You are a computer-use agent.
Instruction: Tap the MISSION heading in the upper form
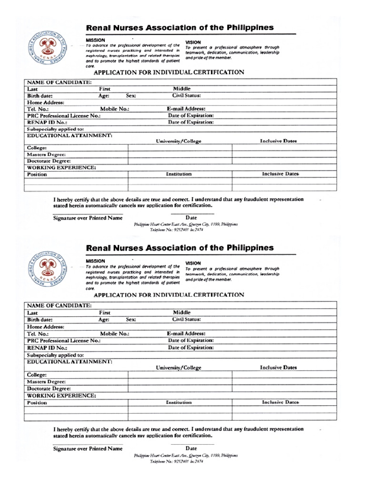[95, 40]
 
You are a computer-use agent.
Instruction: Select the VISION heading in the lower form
[193, 263]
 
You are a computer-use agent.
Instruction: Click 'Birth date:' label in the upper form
[40, 96]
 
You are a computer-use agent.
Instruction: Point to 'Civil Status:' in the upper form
[186, 95]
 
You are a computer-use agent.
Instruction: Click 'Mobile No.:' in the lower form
[114, 334]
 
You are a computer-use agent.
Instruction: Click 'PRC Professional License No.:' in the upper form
[64, 116]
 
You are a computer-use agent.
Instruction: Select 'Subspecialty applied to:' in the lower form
[55, 355]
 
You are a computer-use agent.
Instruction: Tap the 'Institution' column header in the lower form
[179, 402]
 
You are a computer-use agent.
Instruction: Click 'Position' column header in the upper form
[37, 175]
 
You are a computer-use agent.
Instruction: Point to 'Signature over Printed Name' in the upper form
[87, 218]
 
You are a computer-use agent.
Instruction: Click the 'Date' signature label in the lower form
[191, 448]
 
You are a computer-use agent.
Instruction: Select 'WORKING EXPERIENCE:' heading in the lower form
[61, 395]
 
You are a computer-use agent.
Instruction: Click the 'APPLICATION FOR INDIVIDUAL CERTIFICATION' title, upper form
[169, 72]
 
